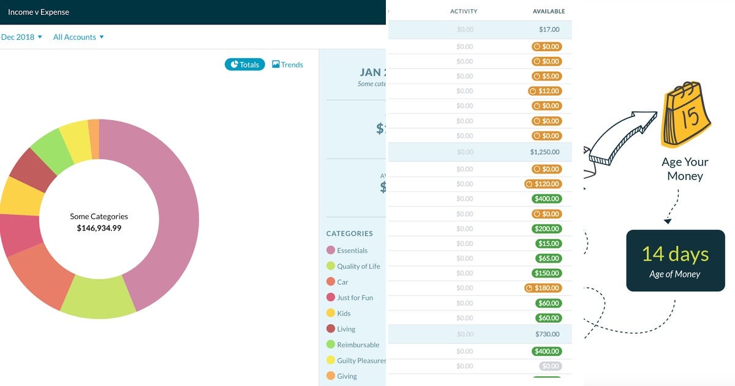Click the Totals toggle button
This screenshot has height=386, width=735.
244,64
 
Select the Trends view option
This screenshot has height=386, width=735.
287,64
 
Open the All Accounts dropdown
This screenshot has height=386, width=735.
78,37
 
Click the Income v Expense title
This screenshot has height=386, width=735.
39,12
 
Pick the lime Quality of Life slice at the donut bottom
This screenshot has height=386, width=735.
98,297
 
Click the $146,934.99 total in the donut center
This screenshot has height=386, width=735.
99,228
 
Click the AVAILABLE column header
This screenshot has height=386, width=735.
549,11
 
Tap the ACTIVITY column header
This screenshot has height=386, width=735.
464,11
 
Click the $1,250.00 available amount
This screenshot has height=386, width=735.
545,152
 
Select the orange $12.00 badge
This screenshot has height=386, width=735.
545,91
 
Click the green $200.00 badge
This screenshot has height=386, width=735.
546,229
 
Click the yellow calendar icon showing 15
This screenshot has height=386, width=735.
685,116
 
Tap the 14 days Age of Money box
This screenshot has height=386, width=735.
675,260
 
